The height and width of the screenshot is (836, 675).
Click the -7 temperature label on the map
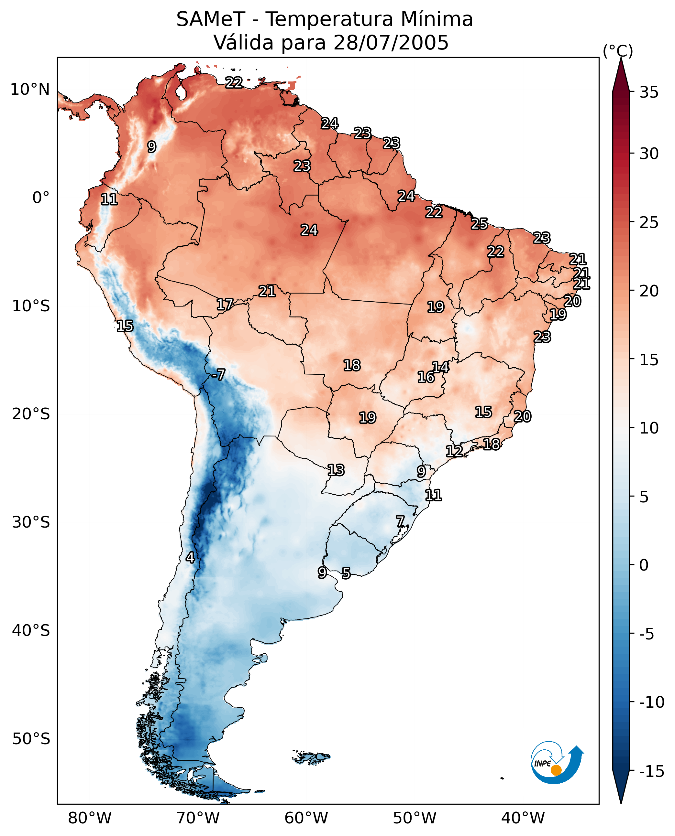point(218,374)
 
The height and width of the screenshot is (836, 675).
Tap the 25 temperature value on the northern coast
point(480,224)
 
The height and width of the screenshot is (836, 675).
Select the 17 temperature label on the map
point(225,305)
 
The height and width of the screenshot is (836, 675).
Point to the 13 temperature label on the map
point(336,470)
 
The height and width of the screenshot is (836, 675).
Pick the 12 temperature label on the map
point(454,451)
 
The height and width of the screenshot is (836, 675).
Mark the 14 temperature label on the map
point(440,367)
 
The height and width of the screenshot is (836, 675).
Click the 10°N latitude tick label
point(30,90)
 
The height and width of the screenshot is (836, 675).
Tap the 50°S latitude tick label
point(31,738)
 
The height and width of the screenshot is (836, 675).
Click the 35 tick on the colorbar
point(649,92)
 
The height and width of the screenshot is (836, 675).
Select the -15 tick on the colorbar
point(652,771)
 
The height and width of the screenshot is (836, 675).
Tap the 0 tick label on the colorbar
point(644,565)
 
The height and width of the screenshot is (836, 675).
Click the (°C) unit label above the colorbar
point(618,51)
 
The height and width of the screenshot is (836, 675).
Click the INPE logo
point(557,762)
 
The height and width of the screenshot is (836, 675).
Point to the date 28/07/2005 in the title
point(391,42)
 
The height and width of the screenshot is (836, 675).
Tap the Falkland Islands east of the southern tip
point(311,757)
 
